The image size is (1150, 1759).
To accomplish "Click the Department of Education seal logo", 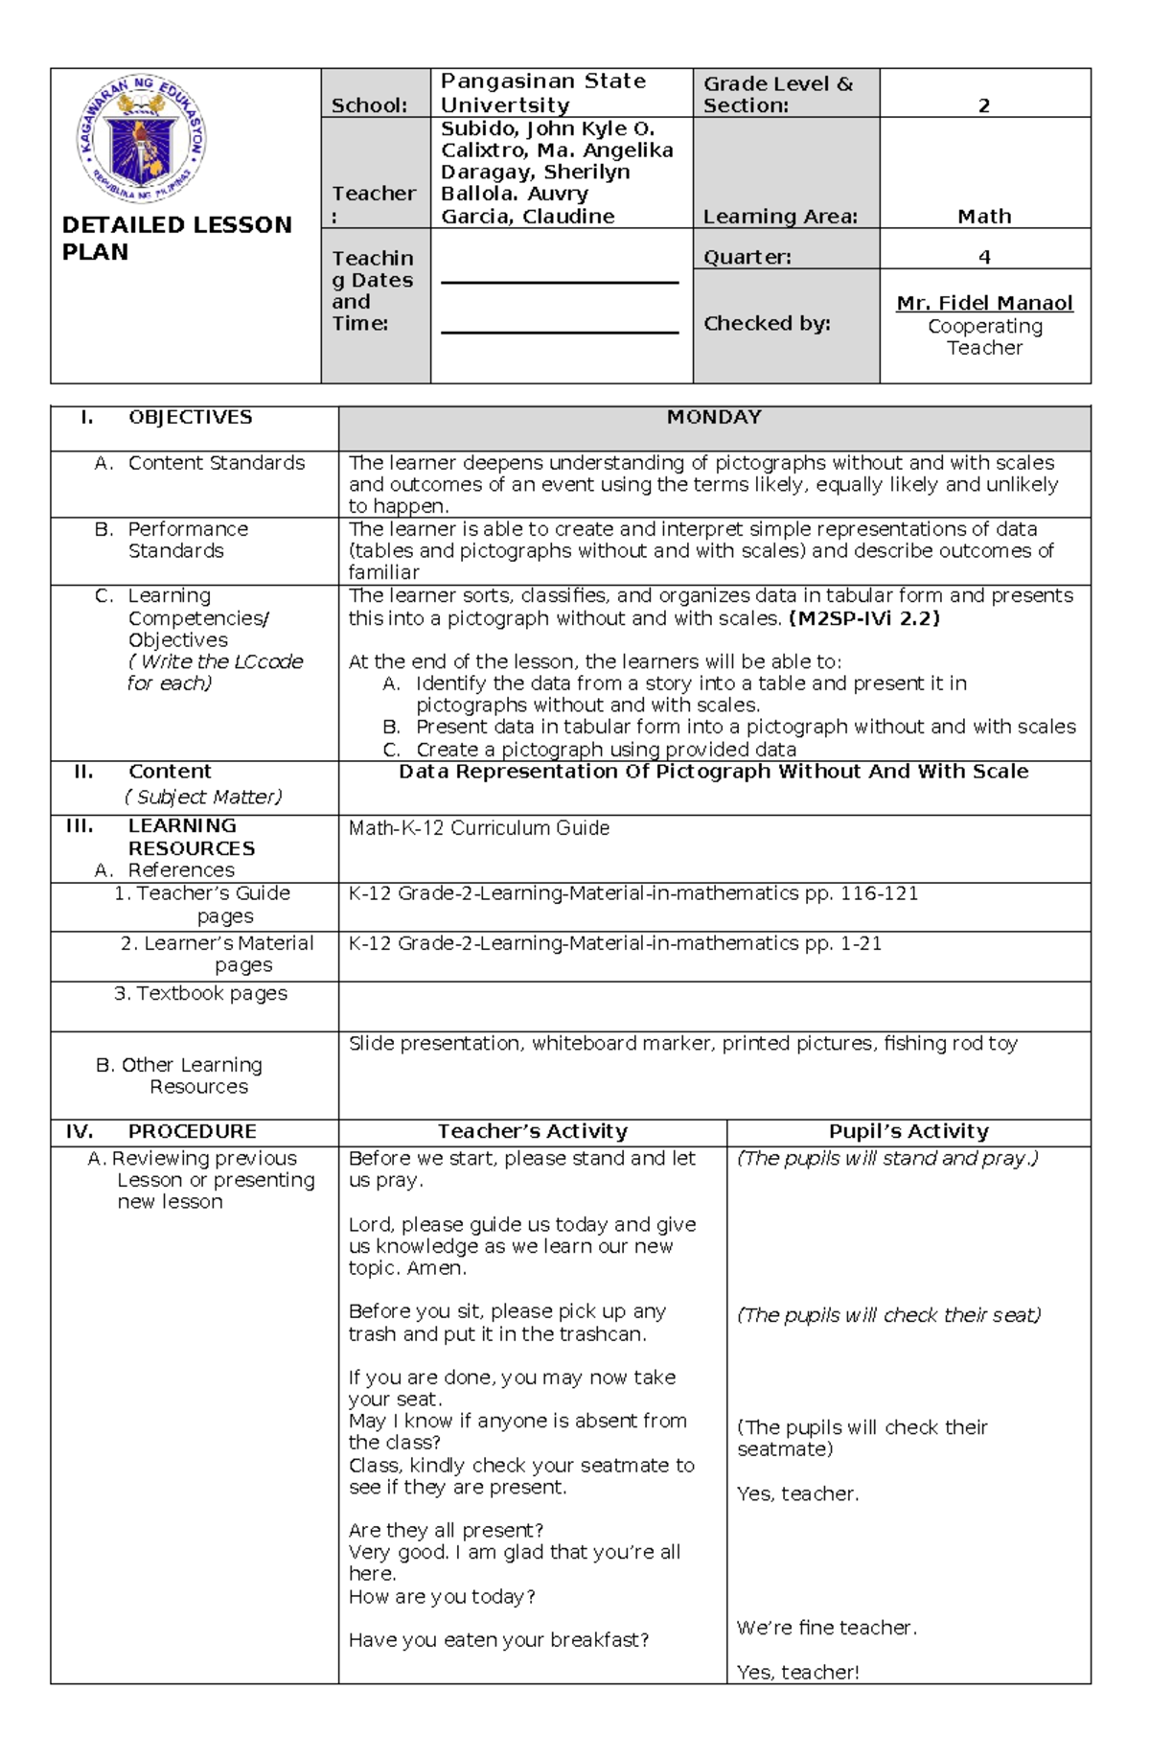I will point(141,140).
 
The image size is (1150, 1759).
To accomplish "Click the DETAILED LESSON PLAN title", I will point(176,238).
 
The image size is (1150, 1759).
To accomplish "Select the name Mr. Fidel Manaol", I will point(984,303).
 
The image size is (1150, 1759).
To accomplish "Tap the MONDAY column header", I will point(714,417).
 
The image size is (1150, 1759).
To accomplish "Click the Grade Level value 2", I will point(983,105).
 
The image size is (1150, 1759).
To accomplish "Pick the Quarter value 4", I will point(984,257).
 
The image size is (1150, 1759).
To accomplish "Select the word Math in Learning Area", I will point(984,217).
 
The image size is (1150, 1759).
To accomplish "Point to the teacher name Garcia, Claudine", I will point(527,216).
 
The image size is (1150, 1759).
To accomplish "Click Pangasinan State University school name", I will point(542,93).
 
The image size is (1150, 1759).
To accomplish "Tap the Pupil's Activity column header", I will point(908,1131).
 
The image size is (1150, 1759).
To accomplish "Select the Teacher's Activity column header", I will point(532,1131).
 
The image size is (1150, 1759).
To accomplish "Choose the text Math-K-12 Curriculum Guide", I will point(478,827).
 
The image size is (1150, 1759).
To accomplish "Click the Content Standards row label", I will point(216,463).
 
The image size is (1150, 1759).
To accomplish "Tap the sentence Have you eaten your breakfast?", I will point(498,1640).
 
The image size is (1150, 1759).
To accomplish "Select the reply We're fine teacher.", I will point(826,1628).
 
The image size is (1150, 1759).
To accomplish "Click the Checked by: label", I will point(767,324).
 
